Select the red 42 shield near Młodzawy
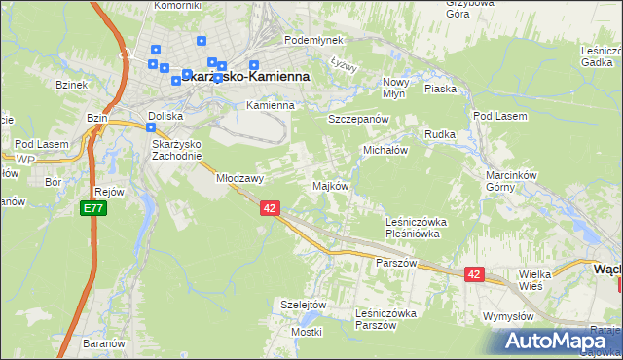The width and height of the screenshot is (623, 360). pyautogui.click(x=271, y=208)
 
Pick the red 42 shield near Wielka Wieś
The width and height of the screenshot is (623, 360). pyautogui.click(x=474, y=275)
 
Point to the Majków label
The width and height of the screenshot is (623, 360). pyautogui.click(x=330, y=185)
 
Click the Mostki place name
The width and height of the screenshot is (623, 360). pyautogui.click(x=306, y=332)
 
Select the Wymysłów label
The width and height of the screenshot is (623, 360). pyautogui.click(x=509, y=317)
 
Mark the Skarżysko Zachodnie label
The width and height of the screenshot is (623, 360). pyautogui.click(x=176, y=150)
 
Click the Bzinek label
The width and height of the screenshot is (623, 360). pyautogui.click(x=72, y=86)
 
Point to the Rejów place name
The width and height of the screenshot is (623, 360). pyautogui.click(x=109, y=192)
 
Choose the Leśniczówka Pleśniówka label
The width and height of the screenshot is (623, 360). pyautogui.click(x=414, y=228)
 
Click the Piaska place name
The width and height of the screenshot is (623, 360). pyautogui.click(x=441, y=89)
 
